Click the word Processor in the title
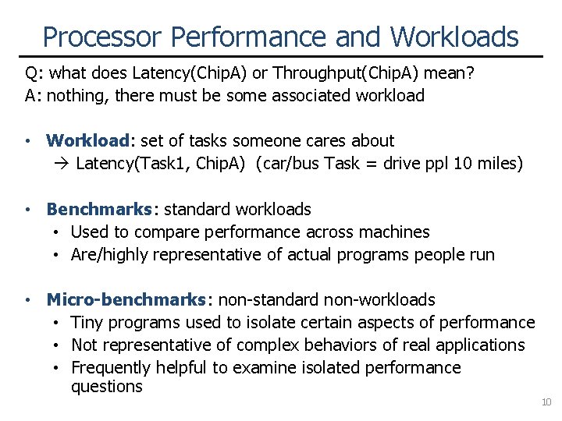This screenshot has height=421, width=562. tap(102, 37)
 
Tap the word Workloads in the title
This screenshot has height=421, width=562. tap(454, 37)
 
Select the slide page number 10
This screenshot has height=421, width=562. tap(546, 402)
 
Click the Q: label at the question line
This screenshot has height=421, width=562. tap(34, 74)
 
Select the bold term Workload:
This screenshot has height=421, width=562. tap(91, 141)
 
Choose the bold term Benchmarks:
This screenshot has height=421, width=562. tap(102, 210)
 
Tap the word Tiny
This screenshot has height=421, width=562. tap(86, 323)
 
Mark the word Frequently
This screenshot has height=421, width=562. tap(111, 367)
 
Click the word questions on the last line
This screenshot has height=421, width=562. tap(107, 387)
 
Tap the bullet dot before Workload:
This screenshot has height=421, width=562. tap(27, 142)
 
